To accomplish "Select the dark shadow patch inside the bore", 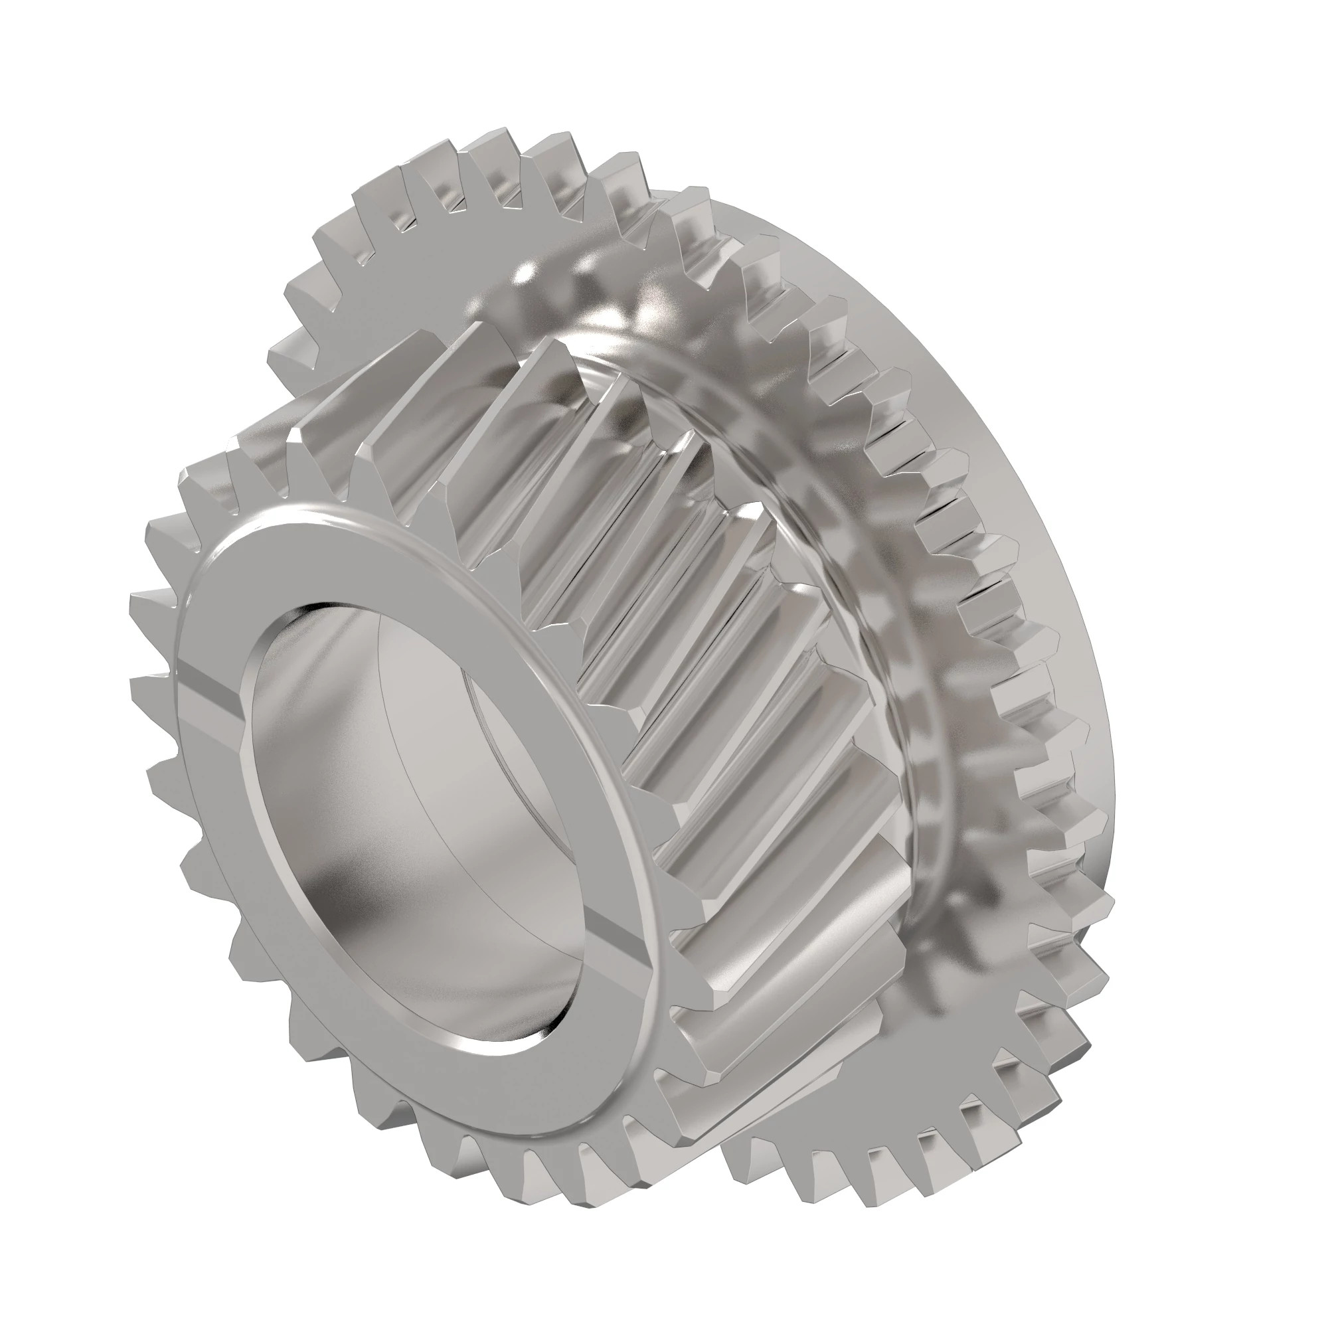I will point(344,894).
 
